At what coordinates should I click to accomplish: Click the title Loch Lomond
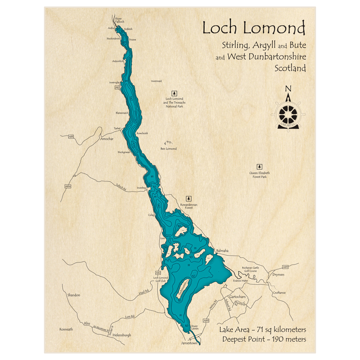point(254,28)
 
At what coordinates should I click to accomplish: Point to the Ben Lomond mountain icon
point(168,143)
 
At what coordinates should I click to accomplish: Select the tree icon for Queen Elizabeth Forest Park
point(259,167)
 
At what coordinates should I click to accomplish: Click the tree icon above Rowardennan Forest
point(188,198)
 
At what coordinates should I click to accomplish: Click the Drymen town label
point(278,275)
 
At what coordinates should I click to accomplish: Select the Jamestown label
point(189,343)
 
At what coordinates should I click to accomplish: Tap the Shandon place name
point(73,295)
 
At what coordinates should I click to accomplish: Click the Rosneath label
point(67,329)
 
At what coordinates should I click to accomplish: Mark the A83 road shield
point(71,136)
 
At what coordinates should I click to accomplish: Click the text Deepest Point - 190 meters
point(264,339)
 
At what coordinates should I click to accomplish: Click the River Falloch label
point(119,20)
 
